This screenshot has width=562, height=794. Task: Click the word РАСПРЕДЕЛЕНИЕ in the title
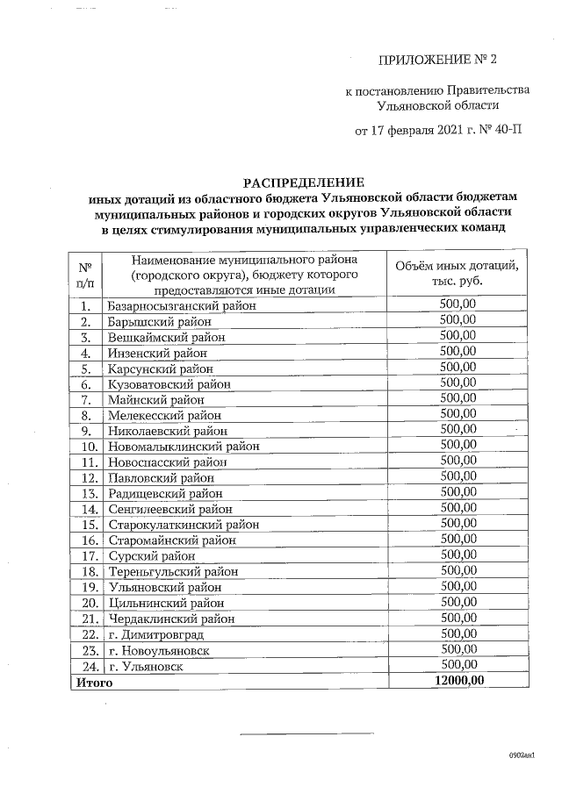[303, 182]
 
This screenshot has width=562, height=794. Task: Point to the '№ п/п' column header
[86, 275]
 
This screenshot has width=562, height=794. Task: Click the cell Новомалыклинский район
[184, 446]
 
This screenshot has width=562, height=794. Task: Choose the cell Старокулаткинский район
[184, 524]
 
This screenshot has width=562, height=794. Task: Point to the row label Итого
[94, 681]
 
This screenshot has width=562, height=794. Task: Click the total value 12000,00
[458, 681]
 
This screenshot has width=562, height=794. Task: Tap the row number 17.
[88, 555]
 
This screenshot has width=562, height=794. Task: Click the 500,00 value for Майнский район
[458, 399]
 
